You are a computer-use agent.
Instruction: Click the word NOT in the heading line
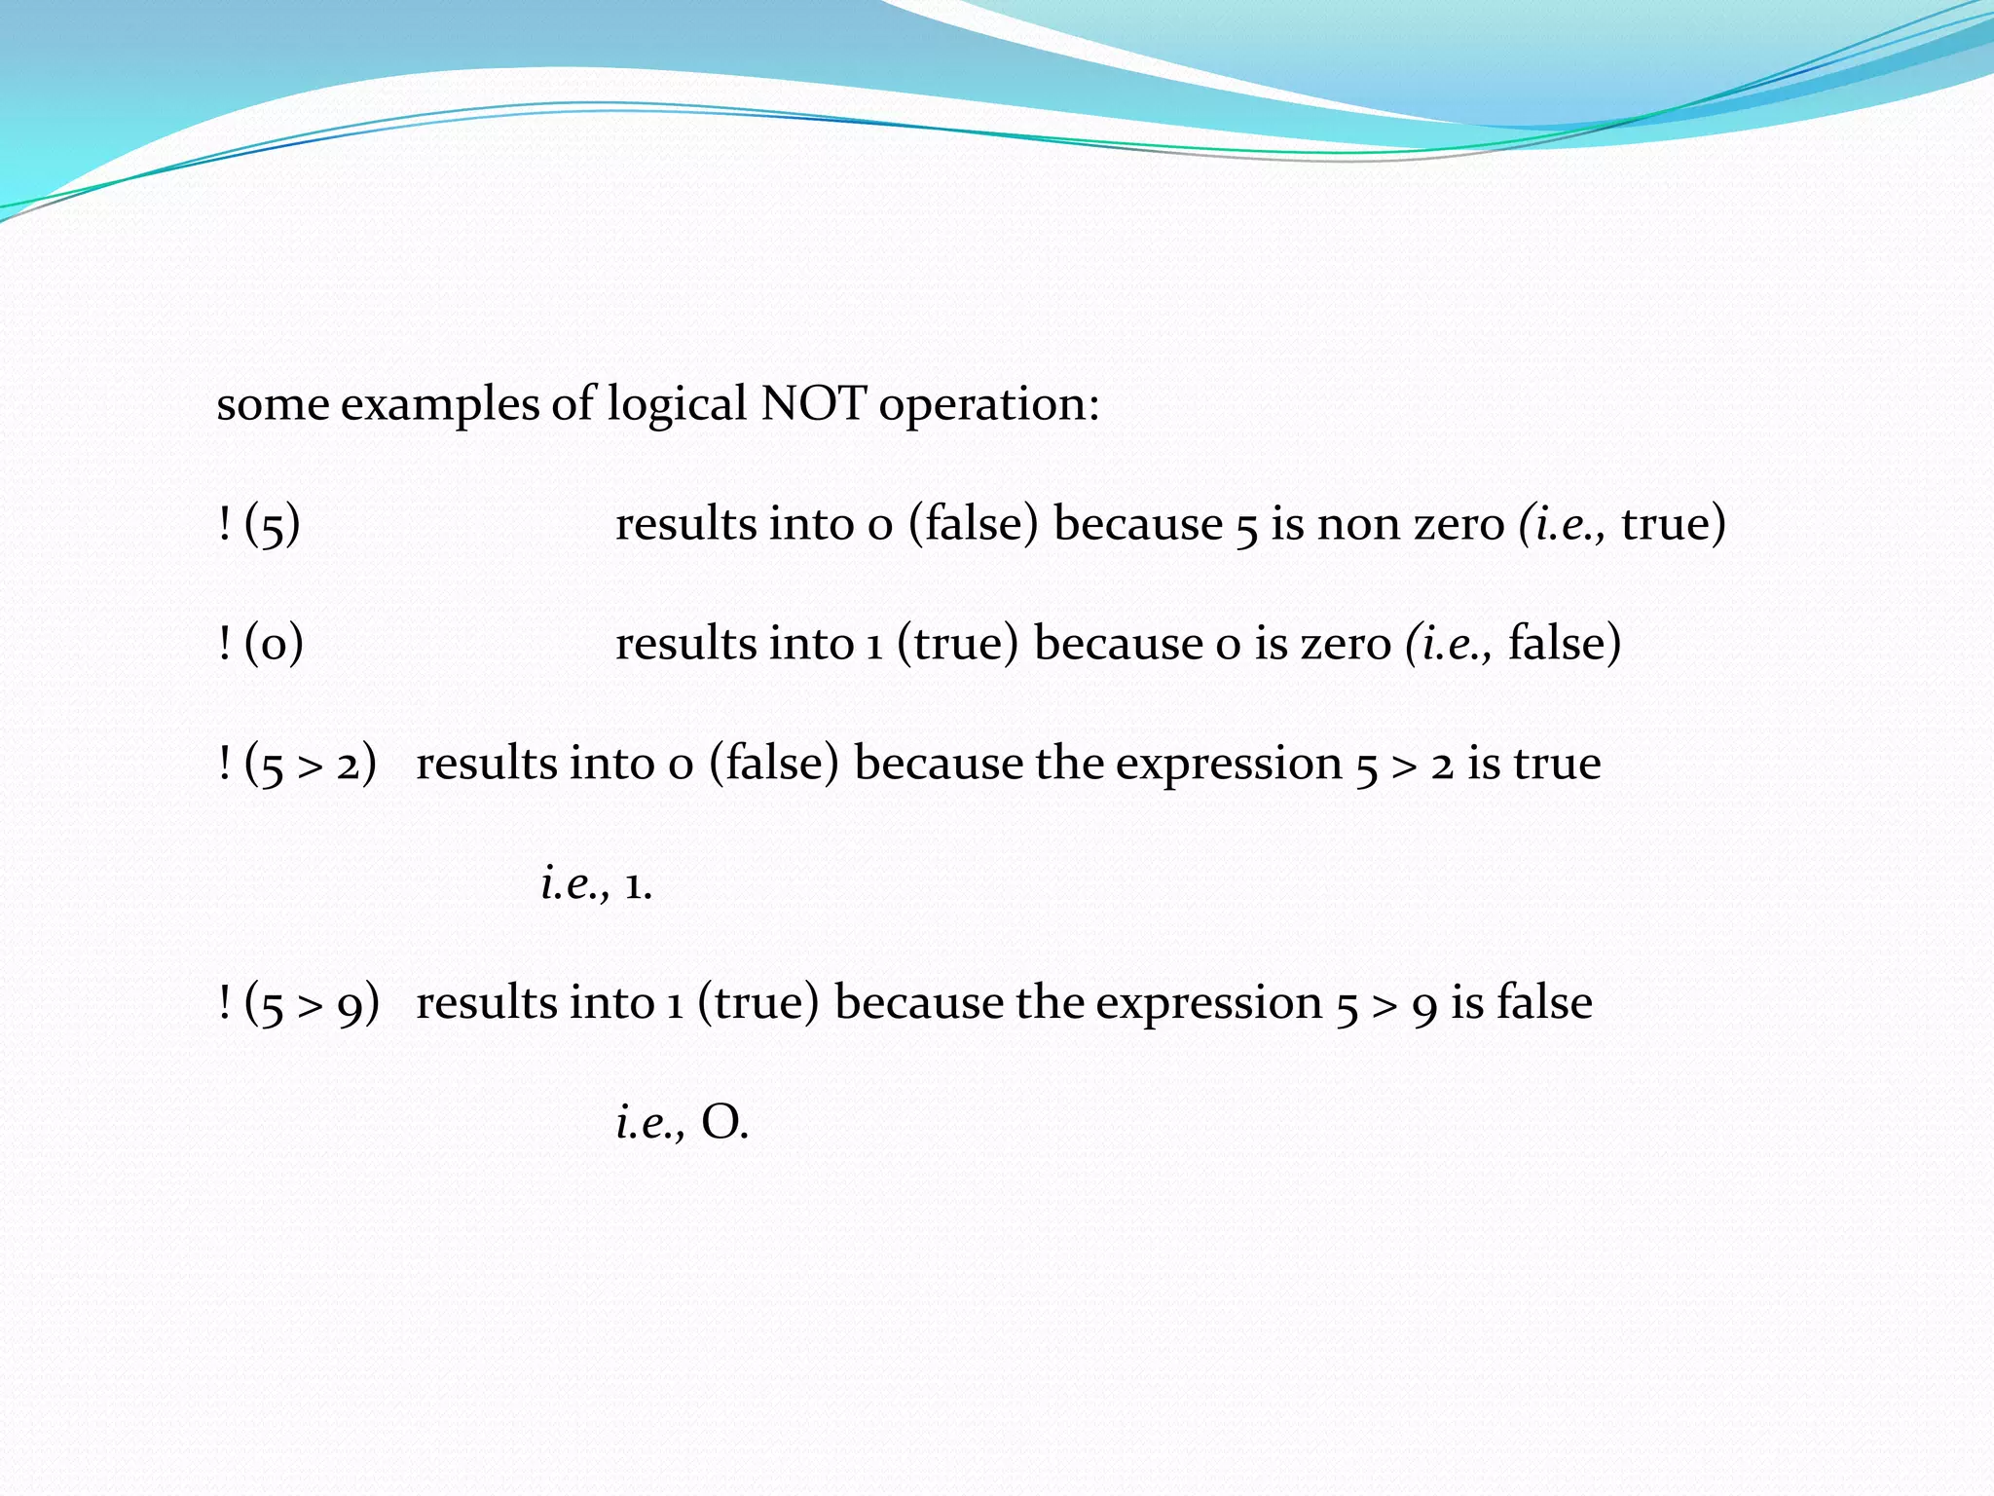click(813, 403)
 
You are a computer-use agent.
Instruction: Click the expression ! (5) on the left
click(259, 525)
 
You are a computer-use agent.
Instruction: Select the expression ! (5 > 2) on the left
click(297, 765)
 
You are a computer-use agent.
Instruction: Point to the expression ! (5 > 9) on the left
click(298, 1004)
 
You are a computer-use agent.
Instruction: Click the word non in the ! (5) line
click(1357, 525)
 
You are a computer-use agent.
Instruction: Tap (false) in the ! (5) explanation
click(974, 525)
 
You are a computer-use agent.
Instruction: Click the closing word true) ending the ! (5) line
click(1673, 525)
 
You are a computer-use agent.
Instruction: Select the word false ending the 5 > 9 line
click(1544, 1003)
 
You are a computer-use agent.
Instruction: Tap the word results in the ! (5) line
click(685, 525)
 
